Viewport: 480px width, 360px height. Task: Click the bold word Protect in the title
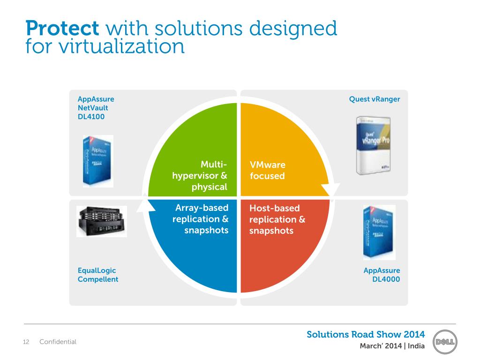[x=62, y=28]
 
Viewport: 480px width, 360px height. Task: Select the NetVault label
[x=93, y=108]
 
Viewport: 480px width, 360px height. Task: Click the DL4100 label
[x=91, y=117]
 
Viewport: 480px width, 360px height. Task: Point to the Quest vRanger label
[x=375, y=99]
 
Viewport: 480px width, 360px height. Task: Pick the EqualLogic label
[x=97, y=270]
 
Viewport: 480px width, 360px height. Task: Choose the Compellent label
[x=97, y=279]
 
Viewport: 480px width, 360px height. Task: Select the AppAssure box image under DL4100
[x=98, y=161]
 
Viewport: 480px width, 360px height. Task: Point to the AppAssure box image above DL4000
[x=379, y=232]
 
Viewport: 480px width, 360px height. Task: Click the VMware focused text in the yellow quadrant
[x=267, y=171]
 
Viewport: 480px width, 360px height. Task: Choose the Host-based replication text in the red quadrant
[x=277, y=219]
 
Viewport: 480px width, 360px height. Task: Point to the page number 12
[x=26, y=342]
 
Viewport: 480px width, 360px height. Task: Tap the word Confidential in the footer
[x=58, y=342]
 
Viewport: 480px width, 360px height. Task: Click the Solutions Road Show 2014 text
[x=366, y=334]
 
